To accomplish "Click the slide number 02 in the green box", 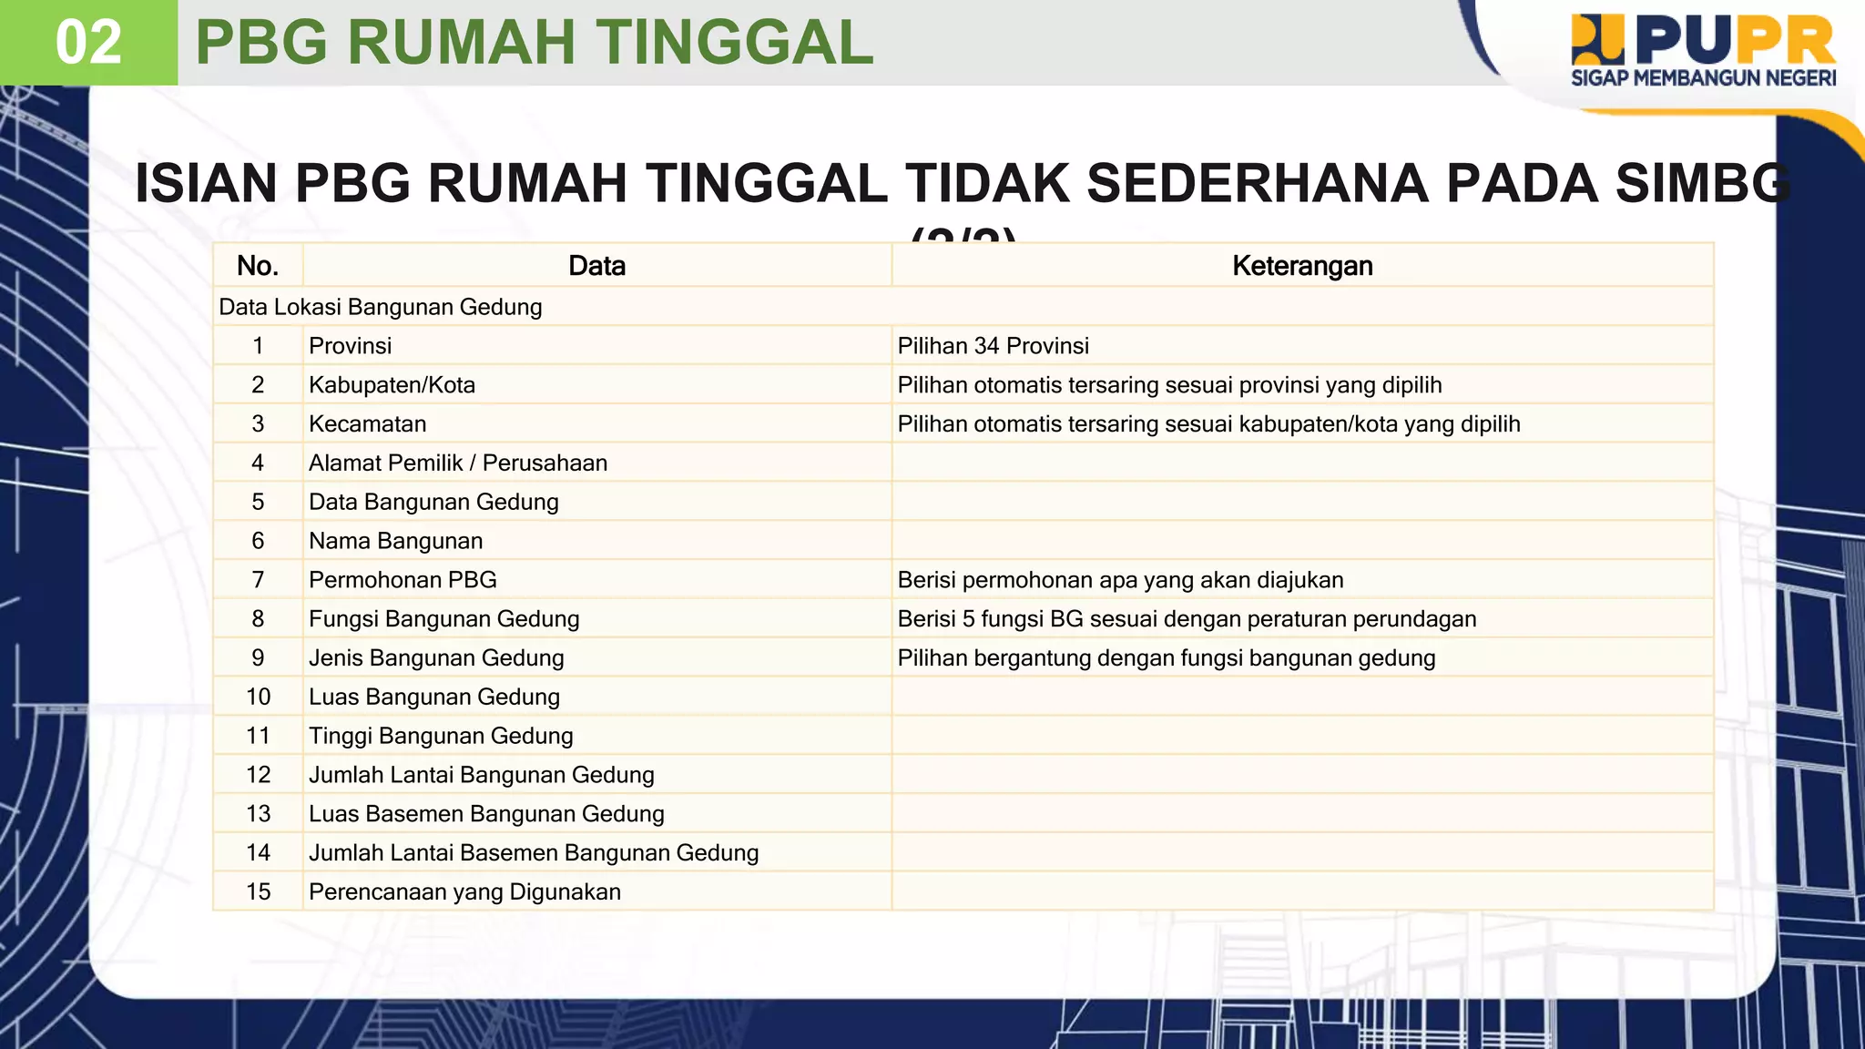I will (88, 43).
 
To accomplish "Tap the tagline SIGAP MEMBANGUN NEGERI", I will (1703, 78).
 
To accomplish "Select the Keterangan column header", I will (1301, 266).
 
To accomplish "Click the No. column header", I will (258, 266).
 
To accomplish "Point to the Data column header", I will (596, 266).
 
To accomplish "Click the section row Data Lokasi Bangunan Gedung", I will (381, 307).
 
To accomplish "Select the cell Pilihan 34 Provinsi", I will (993, 346).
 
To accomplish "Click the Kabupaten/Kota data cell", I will (392, 385).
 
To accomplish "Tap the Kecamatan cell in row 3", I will (367, 424).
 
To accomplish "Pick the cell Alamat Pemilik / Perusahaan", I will (457, 463).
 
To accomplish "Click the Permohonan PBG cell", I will (403, 580).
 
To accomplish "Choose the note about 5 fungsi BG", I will (1186, 619).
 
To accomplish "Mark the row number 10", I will (258, 698).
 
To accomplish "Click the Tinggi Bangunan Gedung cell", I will (441, 736).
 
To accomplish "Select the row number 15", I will (258, 892).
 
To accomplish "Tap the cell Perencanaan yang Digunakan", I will (464, 892).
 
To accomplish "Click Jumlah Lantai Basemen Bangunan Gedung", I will (533, 853).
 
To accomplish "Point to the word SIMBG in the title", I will (1701, 184).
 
